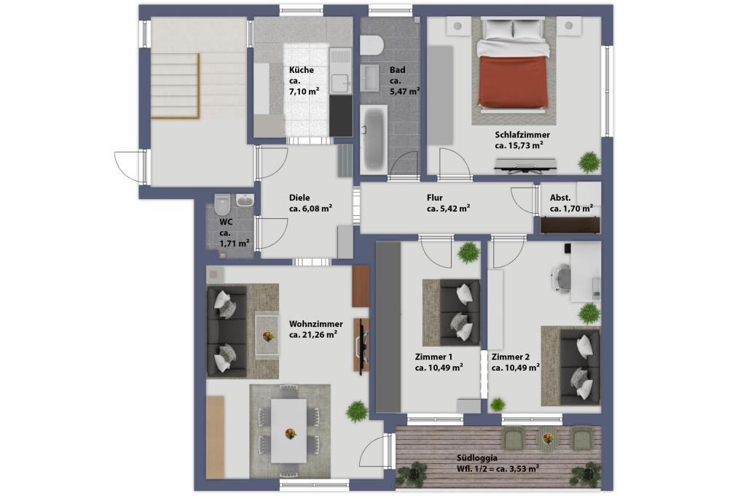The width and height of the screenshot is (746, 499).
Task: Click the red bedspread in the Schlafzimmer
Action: coord(513,81)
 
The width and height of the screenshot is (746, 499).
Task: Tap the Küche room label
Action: coord(301,70)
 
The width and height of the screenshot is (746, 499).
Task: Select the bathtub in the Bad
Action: coord(374,139)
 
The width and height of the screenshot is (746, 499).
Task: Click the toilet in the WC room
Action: coord(221,204)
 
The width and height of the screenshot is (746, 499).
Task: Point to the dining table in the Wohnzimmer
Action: coord(288,430)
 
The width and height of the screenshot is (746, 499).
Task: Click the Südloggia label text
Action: coord(477,457)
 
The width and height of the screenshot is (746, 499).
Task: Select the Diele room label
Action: coord(299,197)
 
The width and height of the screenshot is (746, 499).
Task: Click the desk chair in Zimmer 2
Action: coord(562,277)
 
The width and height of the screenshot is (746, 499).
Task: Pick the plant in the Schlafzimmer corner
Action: coord(589,162)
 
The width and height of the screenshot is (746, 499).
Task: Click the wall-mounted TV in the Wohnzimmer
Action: coord(363,345)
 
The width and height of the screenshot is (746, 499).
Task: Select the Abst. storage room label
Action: coord(560,197)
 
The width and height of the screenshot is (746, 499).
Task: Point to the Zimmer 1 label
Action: coord(433,357)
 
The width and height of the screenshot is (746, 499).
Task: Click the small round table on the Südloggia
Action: coord(548,437)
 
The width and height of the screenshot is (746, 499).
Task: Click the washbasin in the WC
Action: coord(245,200)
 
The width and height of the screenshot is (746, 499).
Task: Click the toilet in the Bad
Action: coord(371,46)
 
